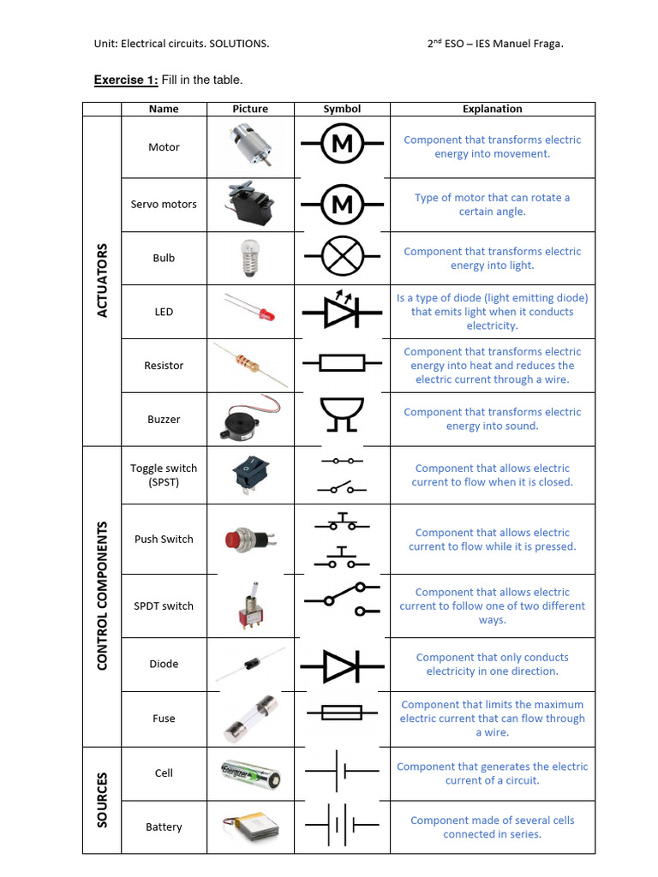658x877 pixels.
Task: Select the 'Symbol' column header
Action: (342, 109)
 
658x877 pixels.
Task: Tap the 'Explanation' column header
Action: (492, 109)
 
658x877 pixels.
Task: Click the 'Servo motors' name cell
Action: (164, 205)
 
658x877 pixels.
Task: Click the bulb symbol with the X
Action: (342, 258)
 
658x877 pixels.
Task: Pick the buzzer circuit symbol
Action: (342, 415)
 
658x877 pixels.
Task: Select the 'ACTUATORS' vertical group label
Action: (103, 280)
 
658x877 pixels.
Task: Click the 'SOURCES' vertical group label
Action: (103, 799)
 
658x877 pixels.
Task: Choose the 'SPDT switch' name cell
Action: (164, 606)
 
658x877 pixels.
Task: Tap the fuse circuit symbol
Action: (342, 712)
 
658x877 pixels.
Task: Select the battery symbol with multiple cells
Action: (342, 826)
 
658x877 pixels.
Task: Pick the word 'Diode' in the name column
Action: (164, 664)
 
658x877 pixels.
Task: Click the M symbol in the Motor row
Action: (342, 144)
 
